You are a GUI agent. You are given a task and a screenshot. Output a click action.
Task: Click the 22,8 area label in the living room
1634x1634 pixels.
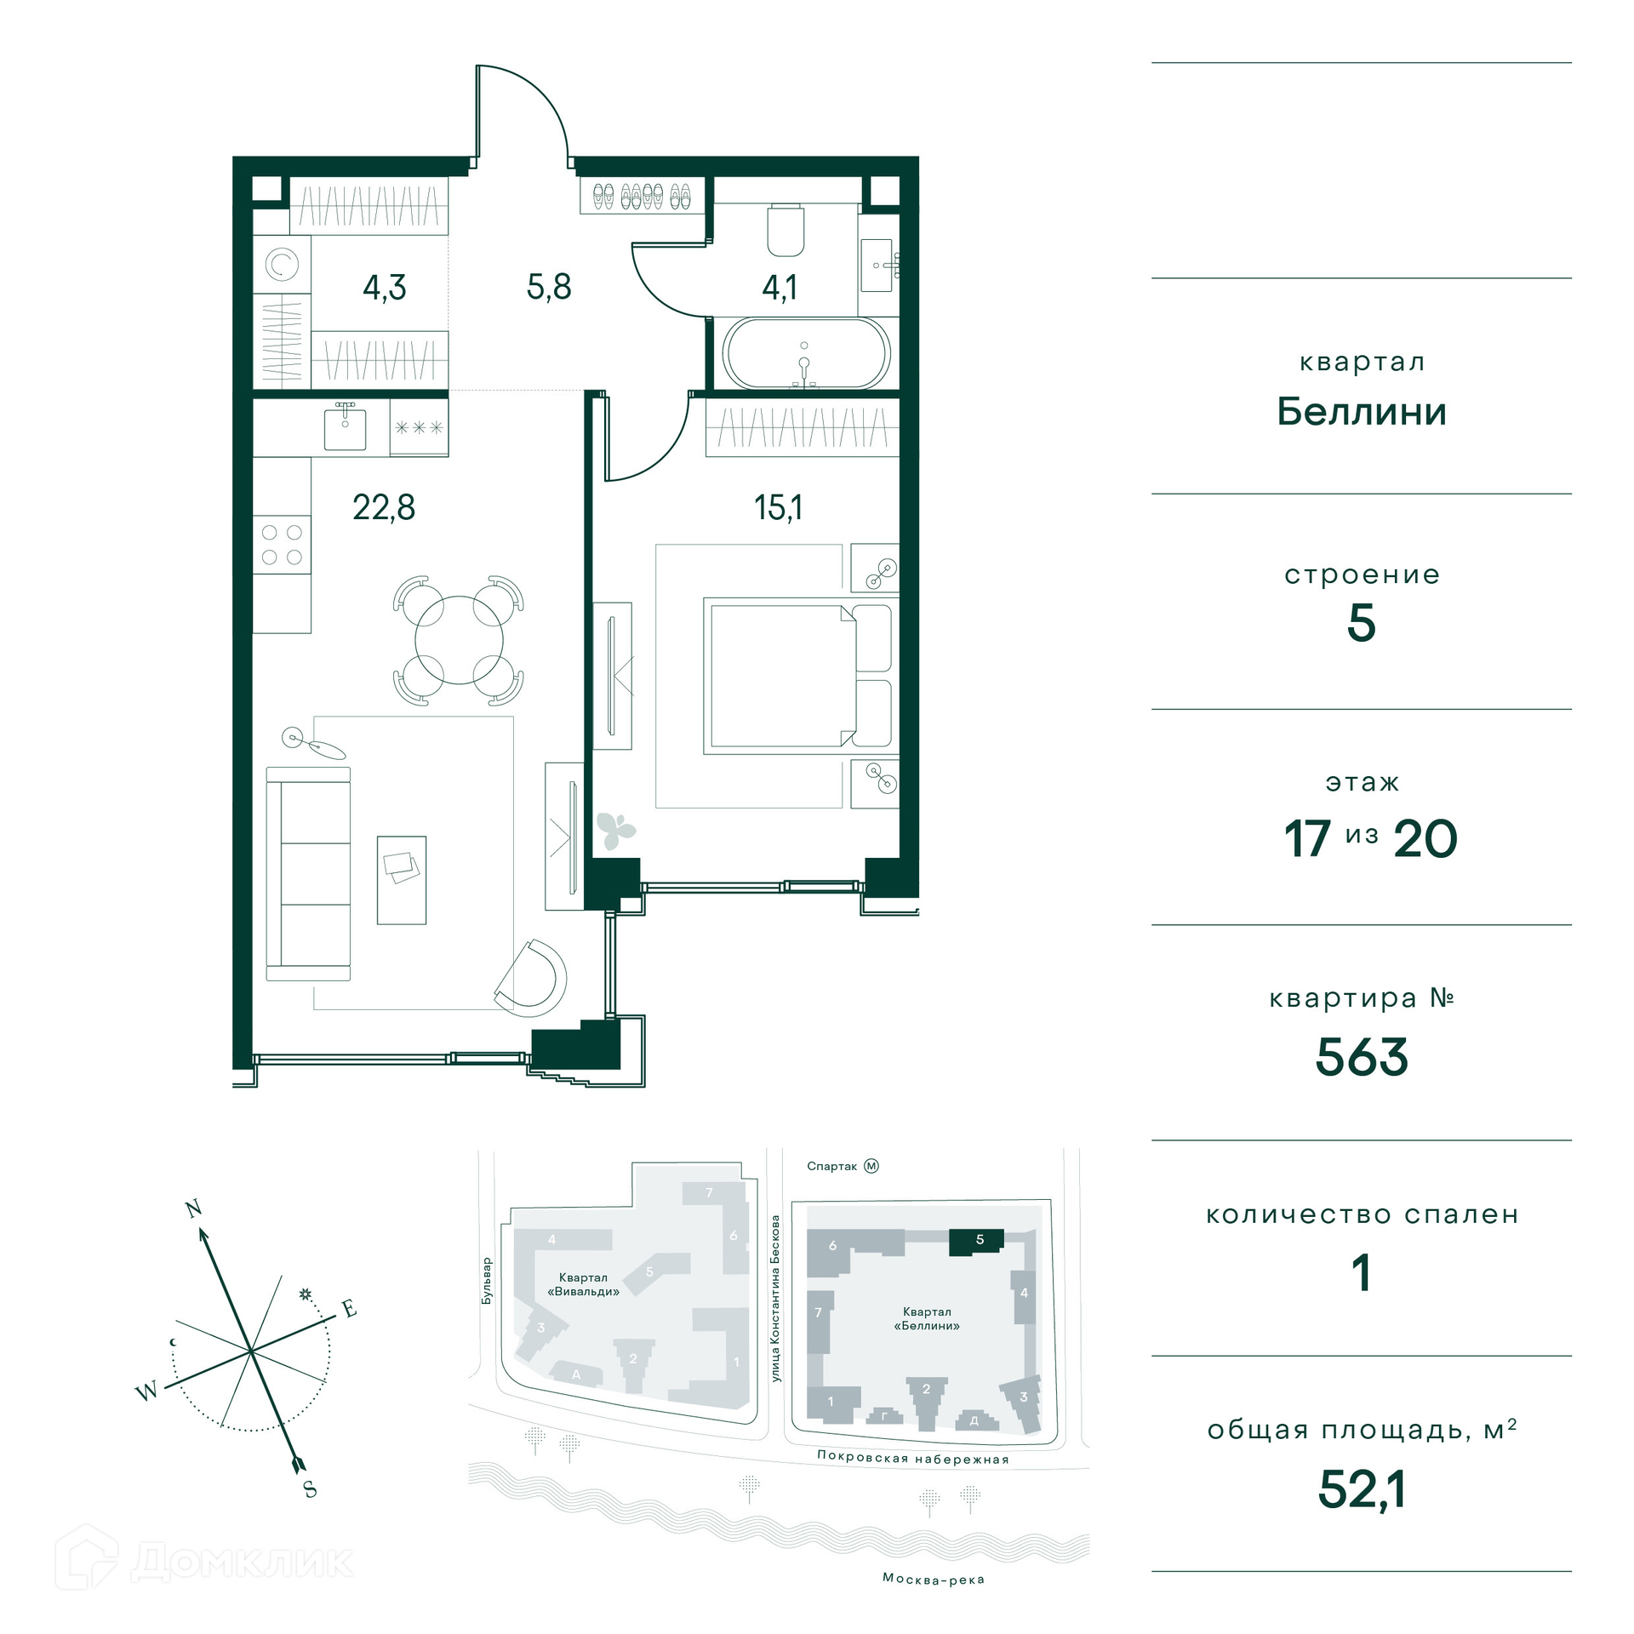384,507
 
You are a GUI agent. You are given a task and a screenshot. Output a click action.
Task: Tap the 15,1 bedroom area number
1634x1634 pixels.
778,508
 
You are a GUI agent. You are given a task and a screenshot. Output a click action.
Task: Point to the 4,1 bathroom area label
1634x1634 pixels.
780,288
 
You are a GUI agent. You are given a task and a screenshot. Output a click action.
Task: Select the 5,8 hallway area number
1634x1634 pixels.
549,287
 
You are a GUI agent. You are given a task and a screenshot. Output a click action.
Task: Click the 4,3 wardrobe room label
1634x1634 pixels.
385,288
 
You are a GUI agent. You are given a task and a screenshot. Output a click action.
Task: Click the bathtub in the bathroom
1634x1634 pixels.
806,353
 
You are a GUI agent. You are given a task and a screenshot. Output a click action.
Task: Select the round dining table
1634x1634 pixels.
459,640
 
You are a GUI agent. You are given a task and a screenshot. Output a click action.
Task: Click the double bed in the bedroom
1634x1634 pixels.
797,676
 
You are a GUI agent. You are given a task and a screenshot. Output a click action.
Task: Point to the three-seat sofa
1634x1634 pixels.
308,874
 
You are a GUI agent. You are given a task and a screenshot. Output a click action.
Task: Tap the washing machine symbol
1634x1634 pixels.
282,264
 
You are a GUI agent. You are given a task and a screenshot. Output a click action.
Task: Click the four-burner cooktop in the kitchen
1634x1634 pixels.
282,545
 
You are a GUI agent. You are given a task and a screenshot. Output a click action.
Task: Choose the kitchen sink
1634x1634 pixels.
345,428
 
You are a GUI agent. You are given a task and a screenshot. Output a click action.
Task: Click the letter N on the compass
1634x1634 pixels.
194,1208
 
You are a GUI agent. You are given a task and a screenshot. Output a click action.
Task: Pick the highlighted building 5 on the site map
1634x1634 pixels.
977,1242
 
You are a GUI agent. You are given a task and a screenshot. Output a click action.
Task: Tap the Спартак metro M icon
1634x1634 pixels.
871,1166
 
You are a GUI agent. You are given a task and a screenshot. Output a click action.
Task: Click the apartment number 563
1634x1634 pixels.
1362,1057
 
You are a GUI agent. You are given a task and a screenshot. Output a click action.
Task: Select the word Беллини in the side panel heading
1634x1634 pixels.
1362,412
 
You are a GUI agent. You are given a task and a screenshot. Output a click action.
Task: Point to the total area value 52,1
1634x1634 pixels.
1362,1490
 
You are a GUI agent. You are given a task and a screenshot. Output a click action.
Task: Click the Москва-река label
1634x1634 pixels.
934,1579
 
